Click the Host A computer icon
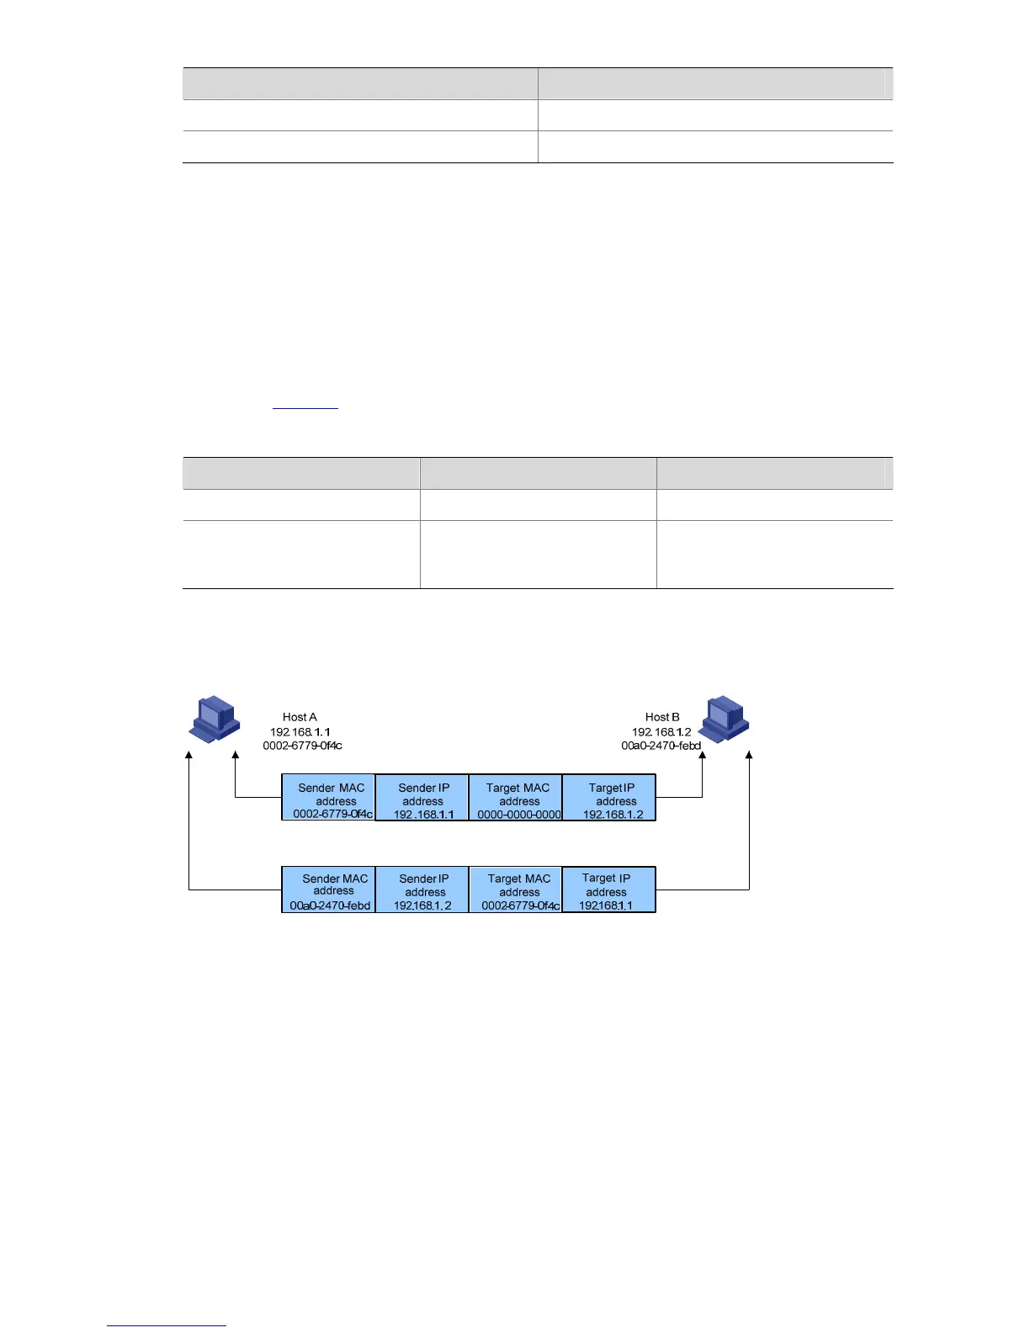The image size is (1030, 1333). click(215, 719)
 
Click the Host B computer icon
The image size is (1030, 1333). click(725, 720)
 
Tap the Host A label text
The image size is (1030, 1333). click(300, 717)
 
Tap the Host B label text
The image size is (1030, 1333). click(662, 717)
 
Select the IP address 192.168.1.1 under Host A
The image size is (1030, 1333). click(300, 731)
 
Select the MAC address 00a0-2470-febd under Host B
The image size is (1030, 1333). click(661, 746)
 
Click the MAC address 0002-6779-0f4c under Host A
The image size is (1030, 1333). click(302, 746)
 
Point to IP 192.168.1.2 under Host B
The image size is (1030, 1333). click(661, 731)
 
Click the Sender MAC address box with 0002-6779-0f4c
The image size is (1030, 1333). click(329, 798)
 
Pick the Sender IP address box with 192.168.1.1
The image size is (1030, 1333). click(422, 798)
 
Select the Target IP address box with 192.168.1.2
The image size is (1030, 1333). click(609, 798)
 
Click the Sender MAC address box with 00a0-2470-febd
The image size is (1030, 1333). click(329, 890)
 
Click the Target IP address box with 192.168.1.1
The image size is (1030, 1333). click(609, 890)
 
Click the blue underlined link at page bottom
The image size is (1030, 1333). click(167, 1325)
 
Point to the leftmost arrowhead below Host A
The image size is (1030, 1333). click(189, 757)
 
